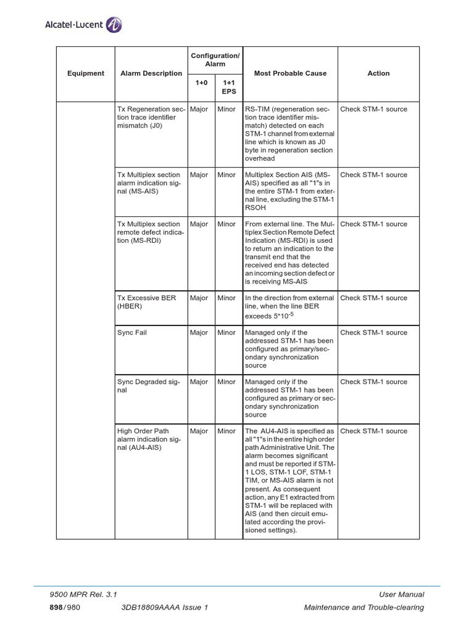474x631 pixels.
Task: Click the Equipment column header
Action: point(86,73)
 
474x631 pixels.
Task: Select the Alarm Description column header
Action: point(151,73)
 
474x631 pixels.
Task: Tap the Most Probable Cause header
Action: point(290,73)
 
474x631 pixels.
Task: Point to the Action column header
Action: point(378,73)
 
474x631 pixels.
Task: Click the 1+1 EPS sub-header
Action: point(229,86)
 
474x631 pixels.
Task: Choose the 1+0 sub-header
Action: point(201,82)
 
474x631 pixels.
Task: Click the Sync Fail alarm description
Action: point(132,333)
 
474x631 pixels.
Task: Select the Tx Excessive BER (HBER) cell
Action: point(146,302)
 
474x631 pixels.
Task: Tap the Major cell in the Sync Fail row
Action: point(199,333)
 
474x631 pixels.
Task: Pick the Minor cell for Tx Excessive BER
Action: point(227,298)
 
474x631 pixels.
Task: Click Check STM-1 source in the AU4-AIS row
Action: point(373,431)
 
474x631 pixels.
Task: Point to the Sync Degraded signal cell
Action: point(148,386)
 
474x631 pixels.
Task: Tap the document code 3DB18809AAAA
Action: point(158,608)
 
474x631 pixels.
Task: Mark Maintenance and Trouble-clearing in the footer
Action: point(364,608)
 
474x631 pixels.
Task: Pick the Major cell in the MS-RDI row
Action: point(199,224)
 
